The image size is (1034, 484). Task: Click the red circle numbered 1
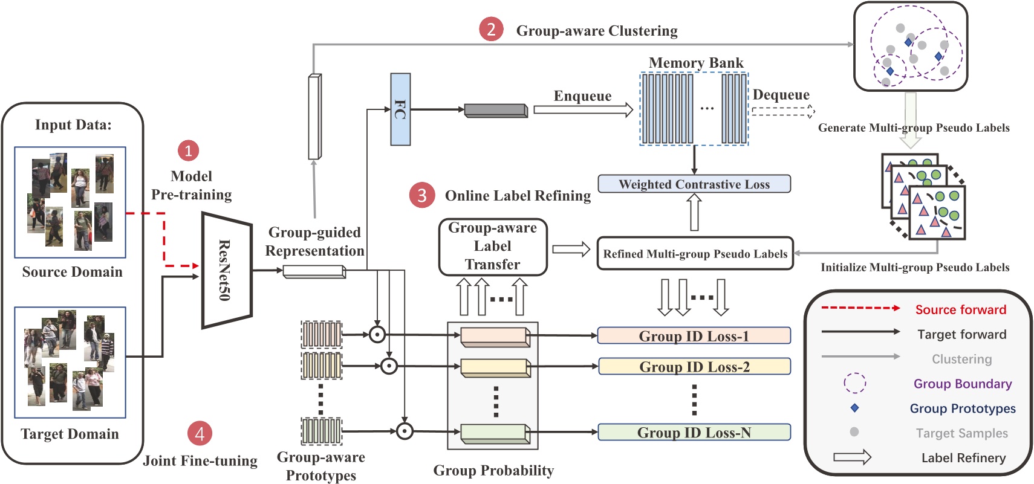pyautogui.click(x=188, y=150)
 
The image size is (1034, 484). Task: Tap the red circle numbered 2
pyautogui.click(x=491, y=29)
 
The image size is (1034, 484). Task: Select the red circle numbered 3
pyautogui.click(x=421, y=195)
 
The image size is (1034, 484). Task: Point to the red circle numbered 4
pyautogui.click(x=200, y=433)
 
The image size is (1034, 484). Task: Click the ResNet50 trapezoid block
pyautogui.click(x=226, y=270)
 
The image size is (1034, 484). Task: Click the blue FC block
pyautogui.click(x=400, y=109)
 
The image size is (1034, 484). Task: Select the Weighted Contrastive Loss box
pyautogui.click(x=694, y=184)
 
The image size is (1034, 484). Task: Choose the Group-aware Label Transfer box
pyautogui.click(x=493, y=247)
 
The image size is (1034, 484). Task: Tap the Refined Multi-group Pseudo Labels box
pyautogui.click(x=695, y=254)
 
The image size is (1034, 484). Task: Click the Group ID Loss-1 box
pyautogui.click(x=694, y=336)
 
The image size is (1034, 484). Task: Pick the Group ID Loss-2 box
pyautogui.click(x=694, y=367)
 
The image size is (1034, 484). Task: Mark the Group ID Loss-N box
pyautogui.click(x=694, y=433)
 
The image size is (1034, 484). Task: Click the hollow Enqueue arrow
pyautogui.click(x=583, y=110)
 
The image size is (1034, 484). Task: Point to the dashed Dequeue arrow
pyautogui.click(x=783, y=111)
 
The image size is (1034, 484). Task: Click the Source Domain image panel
pyautogui.click(x=70, y=202)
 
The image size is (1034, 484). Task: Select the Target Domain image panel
pyautogui.click(x=70, y=362)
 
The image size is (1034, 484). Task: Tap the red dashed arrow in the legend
pyautogui.click(x=860, y=308)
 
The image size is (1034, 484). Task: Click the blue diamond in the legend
pyautogui.click(x=854, y=408)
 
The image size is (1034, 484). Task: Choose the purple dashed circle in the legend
pyautogui.click(x=854, y=383)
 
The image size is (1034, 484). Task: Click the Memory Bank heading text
pyautogui.click(x=696, y=63)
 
